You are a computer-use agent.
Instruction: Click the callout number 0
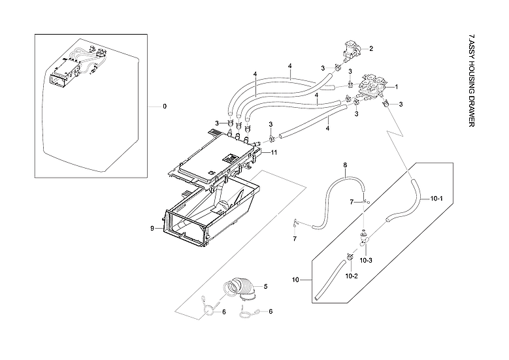(x=165, y=106)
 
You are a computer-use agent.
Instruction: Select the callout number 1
(x=395, y=86)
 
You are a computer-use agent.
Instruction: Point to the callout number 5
(x=265, y=286)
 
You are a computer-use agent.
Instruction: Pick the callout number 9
(x=152, y=228)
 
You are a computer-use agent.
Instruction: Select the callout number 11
(x=274, y=152)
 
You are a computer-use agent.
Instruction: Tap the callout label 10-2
(x=351, y=276)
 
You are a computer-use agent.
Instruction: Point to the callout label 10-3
(x=367, y=260)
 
